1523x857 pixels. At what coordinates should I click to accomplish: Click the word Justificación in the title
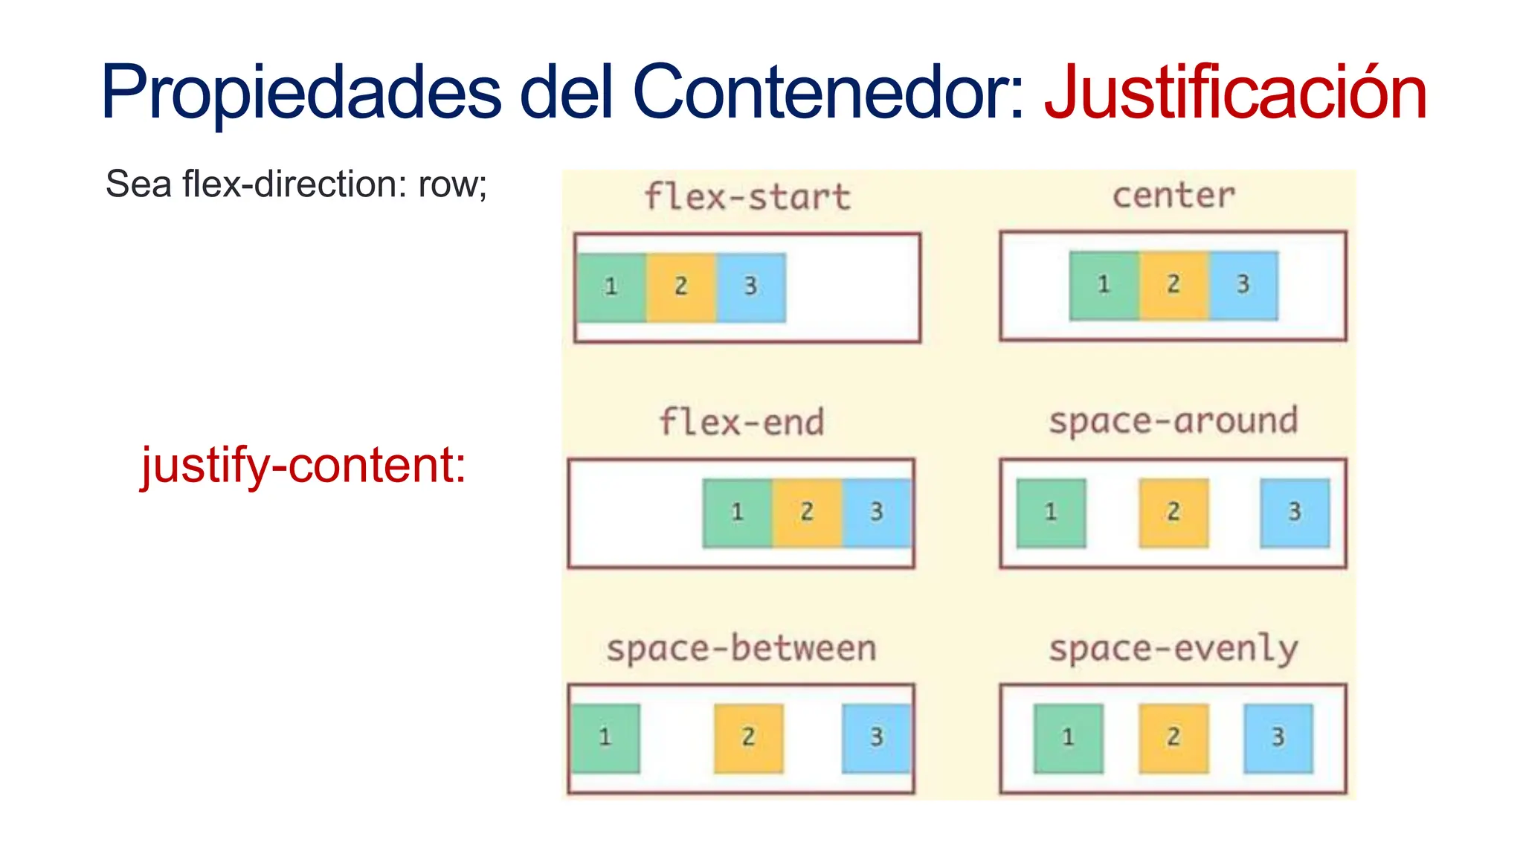tap(1235, 93)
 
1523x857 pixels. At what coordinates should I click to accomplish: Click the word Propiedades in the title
tap(301, 93)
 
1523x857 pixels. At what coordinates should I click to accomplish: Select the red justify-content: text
tap(303, 466)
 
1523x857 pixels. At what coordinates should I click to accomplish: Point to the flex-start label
tap(747, 197)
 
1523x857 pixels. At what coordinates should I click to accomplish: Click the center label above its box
tap(1173, 196)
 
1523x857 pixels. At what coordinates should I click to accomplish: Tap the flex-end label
tap(741, 423)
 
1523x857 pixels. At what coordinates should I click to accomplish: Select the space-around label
tap(1173, 421)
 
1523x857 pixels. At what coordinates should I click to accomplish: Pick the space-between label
tap(741, 648)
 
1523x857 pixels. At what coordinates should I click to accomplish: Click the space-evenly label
tap(1173, 649)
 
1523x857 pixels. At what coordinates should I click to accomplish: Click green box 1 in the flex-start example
tap(611, 287)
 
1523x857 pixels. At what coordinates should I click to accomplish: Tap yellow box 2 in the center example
tap(1173, 285)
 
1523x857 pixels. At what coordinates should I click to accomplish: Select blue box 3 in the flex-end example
tap(877, 513)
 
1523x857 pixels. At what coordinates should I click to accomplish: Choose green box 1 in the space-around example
tap(1051, 513)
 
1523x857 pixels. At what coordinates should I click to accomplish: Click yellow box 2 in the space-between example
tap(748, 738)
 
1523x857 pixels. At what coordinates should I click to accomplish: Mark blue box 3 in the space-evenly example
tap(1278, 738)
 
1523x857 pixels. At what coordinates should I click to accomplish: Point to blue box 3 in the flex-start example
tap(751, 287)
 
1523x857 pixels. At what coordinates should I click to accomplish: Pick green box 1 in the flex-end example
tap(737, 513)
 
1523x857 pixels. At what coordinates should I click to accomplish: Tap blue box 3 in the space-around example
tap(1295, 513)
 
